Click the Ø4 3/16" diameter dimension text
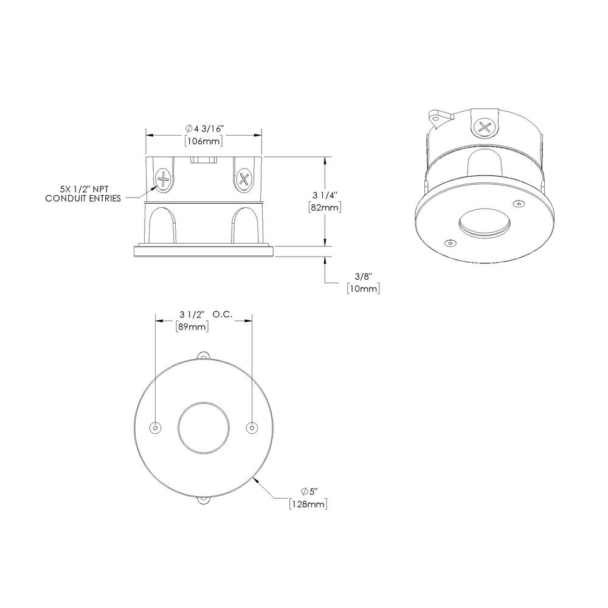coord(205,128)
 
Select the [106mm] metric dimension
coord(203,141)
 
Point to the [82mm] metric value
coord(324,207)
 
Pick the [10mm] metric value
coord(363,289)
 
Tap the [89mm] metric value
coord(192,326)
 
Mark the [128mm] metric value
coord(309,504)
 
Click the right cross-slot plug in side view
coord(244,179)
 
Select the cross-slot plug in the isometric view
coord(485,128)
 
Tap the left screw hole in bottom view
coord(156,428)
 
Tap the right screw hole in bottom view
coord(252,428)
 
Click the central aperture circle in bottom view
coord(204,428)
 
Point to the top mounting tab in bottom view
coord(204,354)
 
